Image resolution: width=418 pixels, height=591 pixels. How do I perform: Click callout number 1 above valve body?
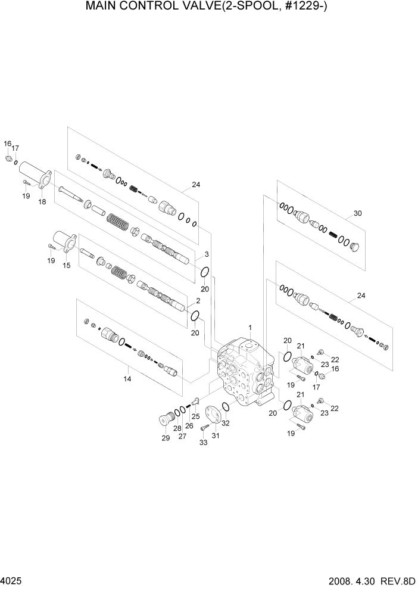pyautogui.click(x=251, y=328)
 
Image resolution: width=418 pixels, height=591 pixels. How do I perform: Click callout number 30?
pyautogui.click(x=358, y=213)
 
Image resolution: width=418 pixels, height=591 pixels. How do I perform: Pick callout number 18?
pyautogui.click(x=42, y=203)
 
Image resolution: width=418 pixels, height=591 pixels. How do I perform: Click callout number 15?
pyautogui.click(x=67, y=266)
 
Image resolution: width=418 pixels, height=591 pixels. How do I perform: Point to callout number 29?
pyautogui.click(x=165, y=438)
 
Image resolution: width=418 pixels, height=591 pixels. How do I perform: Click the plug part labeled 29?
pyautogui.click(x=164, y=421)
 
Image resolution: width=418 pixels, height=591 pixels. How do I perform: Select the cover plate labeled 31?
pyautogui.click(x=211, y=415)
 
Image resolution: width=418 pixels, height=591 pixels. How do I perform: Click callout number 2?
pyautogui.click(x=197, y=301)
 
